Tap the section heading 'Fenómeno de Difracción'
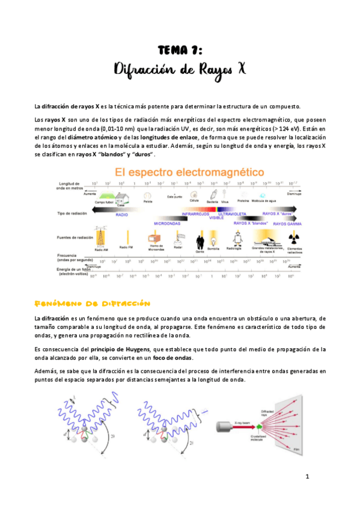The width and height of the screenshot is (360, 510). click(93, 304)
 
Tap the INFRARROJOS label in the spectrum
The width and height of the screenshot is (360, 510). click(194, 214)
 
